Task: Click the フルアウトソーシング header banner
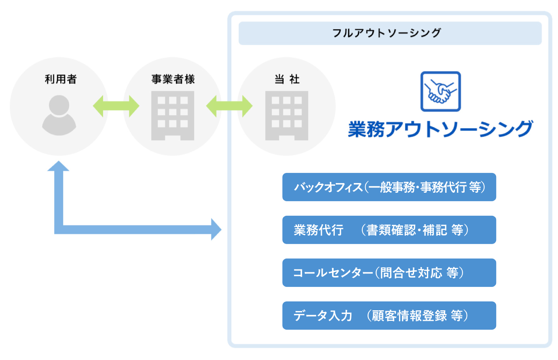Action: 390,34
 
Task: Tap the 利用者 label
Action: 61,79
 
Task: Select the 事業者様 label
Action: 173,79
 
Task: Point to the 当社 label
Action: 287,79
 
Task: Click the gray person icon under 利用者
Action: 59,115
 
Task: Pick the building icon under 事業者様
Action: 173,116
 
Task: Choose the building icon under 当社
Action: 287,116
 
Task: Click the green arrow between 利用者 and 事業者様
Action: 116,106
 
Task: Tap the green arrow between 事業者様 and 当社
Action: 229,106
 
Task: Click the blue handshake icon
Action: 441,91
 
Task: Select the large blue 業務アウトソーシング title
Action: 440,129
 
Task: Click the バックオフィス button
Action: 389,187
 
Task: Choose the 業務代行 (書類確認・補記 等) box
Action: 389,230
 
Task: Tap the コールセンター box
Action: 389,273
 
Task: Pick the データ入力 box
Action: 389,316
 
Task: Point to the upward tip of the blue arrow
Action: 59,161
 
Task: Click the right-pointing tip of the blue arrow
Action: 221,229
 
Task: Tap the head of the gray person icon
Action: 59,105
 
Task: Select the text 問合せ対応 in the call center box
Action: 411,273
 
